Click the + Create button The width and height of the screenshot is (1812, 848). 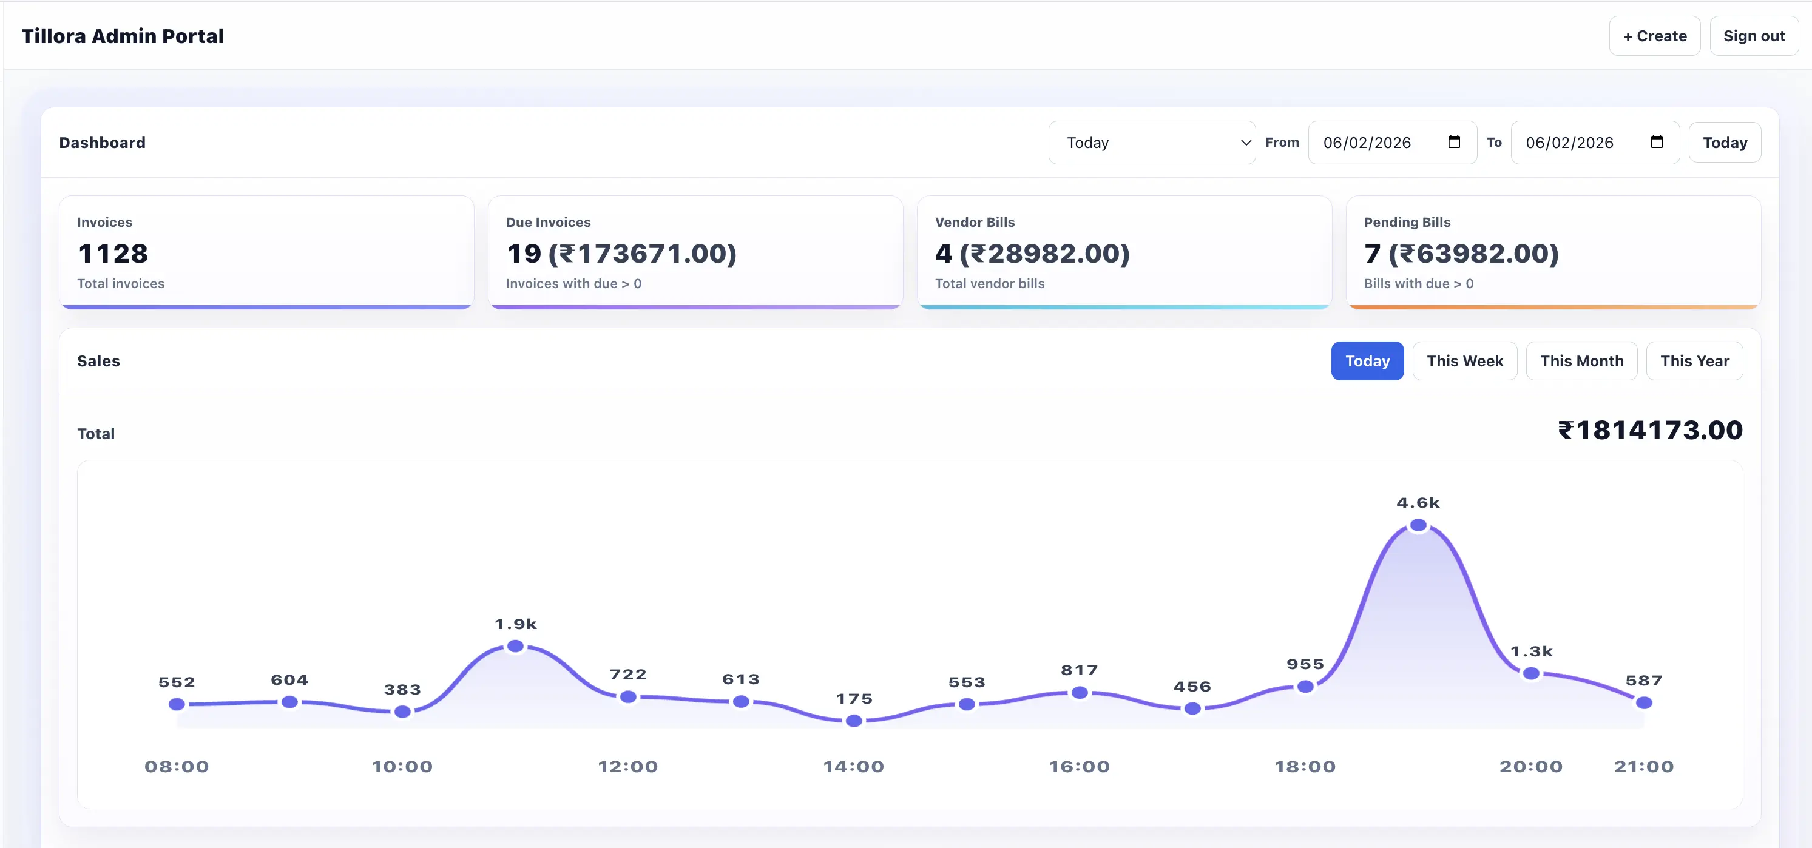click(1654, 36)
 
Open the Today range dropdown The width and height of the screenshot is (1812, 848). click(1152, 143)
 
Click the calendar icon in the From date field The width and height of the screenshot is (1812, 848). click(1454, 142)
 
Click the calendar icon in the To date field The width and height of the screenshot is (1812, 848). click(1657, 142)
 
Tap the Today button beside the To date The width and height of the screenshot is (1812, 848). click(1724, 143)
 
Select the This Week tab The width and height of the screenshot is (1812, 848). click(1464, 361)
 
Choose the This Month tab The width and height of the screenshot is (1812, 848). click(1581, 361)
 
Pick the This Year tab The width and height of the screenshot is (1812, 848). click(1694, 361)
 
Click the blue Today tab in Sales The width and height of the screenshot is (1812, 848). click(1367, 361)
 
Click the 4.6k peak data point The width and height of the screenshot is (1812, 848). click(1418, 525)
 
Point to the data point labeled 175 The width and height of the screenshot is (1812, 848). click(853, 720)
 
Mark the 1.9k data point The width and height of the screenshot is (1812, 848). click(515, 645)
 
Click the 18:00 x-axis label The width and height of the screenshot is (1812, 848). click(1305, 767)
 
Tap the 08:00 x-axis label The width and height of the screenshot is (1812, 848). click(177, 767)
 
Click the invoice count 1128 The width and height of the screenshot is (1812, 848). click(113, 253)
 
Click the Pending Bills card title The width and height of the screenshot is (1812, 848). click(1407, 222)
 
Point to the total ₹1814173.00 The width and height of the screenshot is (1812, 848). click(1649, 430)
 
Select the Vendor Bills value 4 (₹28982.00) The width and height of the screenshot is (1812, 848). click(1032, 253)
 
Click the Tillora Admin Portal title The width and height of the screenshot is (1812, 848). click(123, 36)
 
